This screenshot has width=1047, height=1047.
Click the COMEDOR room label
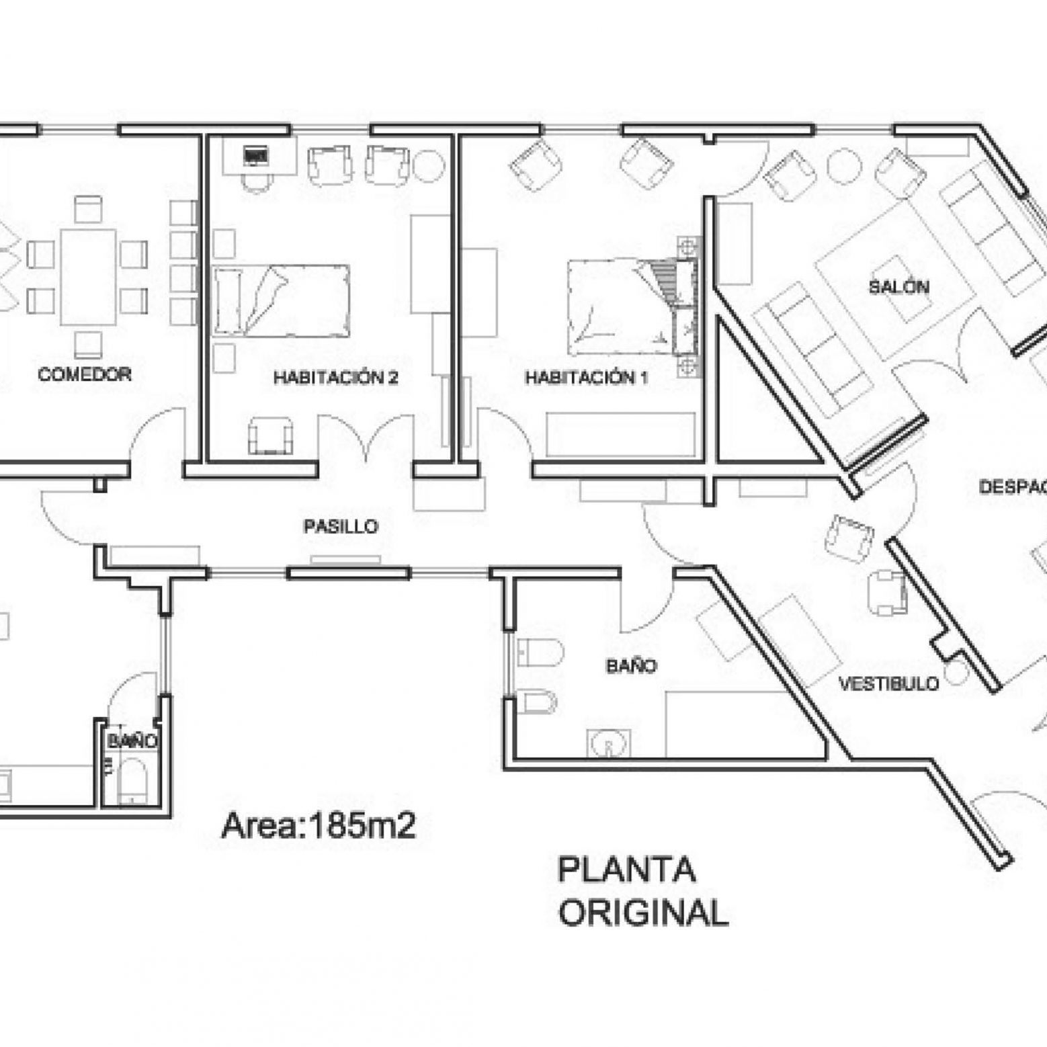coord(85,374)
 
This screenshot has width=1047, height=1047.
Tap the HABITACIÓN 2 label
coord(335,377)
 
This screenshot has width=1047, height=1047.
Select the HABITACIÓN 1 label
coord(586,377)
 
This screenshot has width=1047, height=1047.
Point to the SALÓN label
coord(899,287)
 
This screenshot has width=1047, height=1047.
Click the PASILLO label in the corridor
coord(341,526)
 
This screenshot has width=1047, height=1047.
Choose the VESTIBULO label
coord(888,683)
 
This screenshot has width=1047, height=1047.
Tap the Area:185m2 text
coord(319,826)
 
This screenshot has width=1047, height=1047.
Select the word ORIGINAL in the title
coord(644,913)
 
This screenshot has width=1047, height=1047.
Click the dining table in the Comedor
coord(88,277)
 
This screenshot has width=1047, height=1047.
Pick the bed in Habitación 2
coord(281,300)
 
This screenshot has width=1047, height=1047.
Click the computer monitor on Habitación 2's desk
coord(255,157)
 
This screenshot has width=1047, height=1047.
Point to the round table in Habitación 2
coord(428,165)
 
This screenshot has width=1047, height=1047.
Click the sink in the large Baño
coord(609,743)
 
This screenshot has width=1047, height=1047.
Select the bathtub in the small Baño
coord(132,782)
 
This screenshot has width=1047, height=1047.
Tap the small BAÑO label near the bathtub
coord(132,741)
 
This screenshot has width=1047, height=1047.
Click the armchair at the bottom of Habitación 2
coord(271,435)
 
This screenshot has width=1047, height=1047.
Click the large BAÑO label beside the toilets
coord(631,666)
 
